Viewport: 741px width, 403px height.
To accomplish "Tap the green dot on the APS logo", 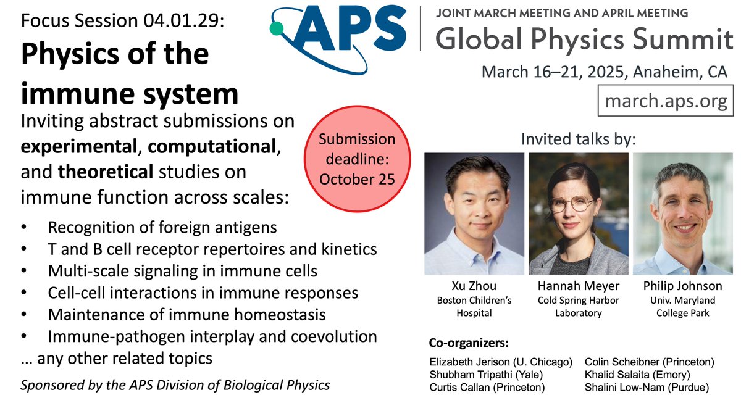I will [278, 27].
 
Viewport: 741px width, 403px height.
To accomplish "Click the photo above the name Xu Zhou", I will [474, 213].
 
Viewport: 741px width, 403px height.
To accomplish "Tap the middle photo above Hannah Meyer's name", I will [578, 213].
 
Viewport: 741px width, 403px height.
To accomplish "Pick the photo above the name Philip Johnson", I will [683, 213].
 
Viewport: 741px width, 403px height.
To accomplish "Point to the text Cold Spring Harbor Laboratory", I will [578, 307].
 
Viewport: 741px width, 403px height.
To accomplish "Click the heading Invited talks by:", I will [578, 138].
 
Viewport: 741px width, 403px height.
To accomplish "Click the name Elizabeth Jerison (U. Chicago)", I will [501, 362].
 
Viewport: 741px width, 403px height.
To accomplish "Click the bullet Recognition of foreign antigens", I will [162, 228].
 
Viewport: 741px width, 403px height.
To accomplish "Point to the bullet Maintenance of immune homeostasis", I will [186, 315].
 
